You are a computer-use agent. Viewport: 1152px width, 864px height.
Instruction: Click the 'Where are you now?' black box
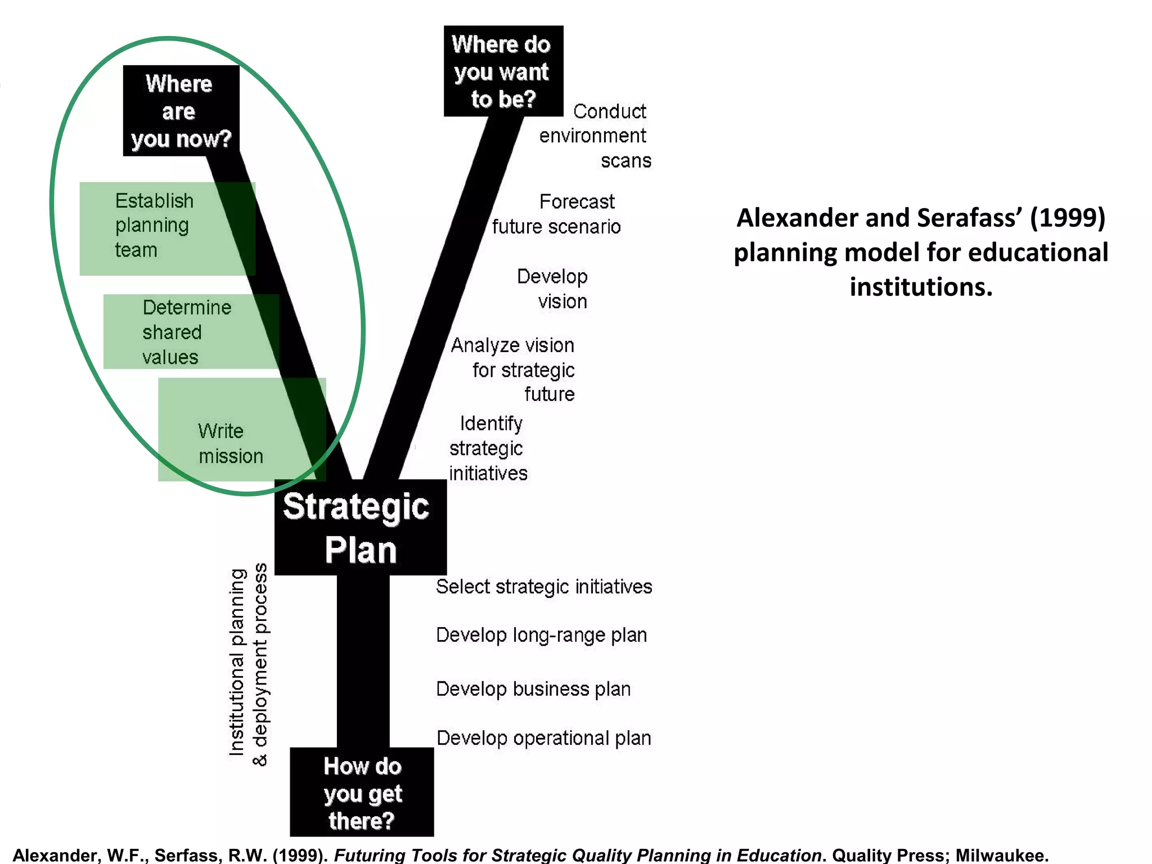(181, 111)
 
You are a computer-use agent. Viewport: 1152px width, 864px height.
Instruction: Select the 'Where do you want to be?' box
(503, 71)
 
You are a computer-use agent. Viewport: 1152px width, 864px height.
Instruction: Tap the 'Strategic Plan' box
(360, 528)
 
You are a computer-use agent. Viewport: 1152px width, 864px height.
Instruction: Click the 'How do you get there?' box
(362, 792)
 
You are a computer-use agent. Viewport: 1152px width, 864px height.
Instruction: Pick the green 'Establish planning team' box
(167, 228)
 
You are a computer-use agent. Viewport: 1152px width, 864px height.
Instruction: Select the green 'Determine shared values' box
(191, 332)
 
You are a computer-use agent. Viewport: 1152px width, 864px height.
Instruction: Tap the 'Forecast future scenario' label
(557, 214)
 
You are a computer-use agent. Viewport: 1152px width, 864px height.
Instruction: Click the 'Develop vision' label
(552, 289)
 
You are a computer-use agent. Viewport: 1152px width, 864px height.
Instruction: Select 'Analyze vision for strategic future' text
(514, 370)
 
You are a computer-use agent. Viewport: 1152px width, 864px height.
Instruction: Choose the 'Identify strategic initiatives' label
(488, 448)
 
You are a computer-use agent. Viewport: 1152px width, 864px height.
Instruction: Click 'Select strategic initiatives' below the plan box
(544, 587)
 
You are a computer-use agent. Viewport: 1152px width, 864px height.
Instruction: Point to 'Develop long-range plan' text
(541, 635)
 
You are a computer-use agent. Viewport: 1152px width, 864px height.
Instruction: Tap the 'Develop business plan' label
(533, 689)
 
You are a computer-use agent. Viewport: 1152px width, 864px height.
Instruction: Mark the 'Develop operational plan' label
(543, 738)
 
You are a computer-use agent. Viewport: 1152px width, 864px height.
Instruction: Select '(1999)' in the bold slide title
(1067, 218)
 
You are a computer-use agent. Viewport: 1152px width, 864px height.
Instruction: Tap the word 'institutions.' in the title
(921, 287)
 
